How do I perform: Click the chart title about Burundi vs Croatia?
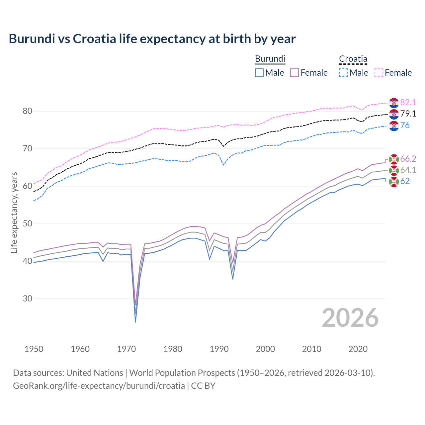tap(152, 39)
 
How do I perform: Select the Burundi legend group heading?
tap(270, 59)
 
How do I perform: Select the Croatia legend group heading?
tap(353, 59)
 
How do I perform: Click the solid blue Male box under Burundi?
tap(259, 73)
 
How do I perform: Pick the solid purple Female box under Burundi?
tap(295, 73)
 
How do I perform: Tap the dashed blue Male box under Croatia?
tap(343, 73)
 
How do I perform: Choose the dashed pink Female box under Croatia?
tap(379, 73)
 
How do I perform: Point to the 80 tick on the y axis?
tap(28, 111)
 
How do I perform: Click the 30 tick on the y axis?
tap(28, 298)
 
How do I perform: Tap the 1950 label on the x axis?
tap(34, 349)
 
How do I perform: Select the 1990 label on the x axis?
tap(219, 349)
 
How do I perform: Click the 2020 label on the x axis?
tap(358, 349)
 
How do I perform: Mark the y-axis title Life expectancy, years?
tap(14, 212)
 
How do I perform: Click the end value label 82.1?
tap(408, 102)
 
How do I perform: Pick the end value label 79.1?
tap(408, 114)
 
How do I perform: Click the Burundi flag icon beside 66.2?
tap(394, 159)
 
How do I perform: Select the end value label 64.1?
tap(408, 170)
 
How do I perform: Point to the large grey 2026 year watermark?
tap(350, 318)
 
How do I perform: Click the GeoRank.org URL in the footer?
tap(99, 385)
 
